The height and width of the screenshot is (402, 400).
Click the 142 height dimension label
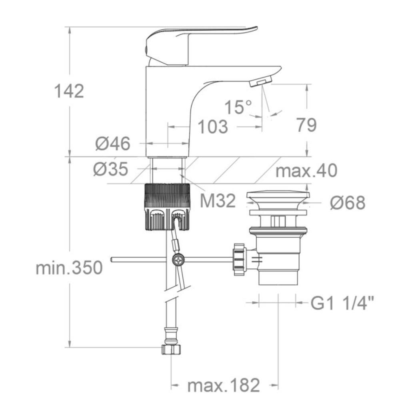pyautogui.click(x=69, y=91)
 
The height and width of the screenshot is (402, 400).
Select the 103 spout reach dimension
pyautogui.click(x=213, y=127)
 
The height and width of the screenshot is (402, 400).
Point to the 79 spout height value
pyautogui.click(x=306, y=125)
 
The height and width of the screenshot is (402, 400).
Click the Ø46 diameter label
pyautogui.click(x=113, y=143)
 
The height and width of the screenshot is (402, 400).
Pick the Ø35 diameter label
pyautogui.click(x=110, y=169)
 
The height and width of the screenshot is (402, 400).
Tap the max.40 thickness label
pyautogui.click(x=306, y=171)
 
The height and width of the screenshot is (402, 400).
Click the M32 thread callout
pyautogui.click(x=218, y=201)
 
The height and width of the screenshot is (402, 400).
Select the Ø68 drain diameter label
pyautogui.click(x=348, y=203)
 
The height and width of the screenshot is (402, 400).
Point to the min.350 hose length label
pyautogui.click(x=69, y=268)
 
